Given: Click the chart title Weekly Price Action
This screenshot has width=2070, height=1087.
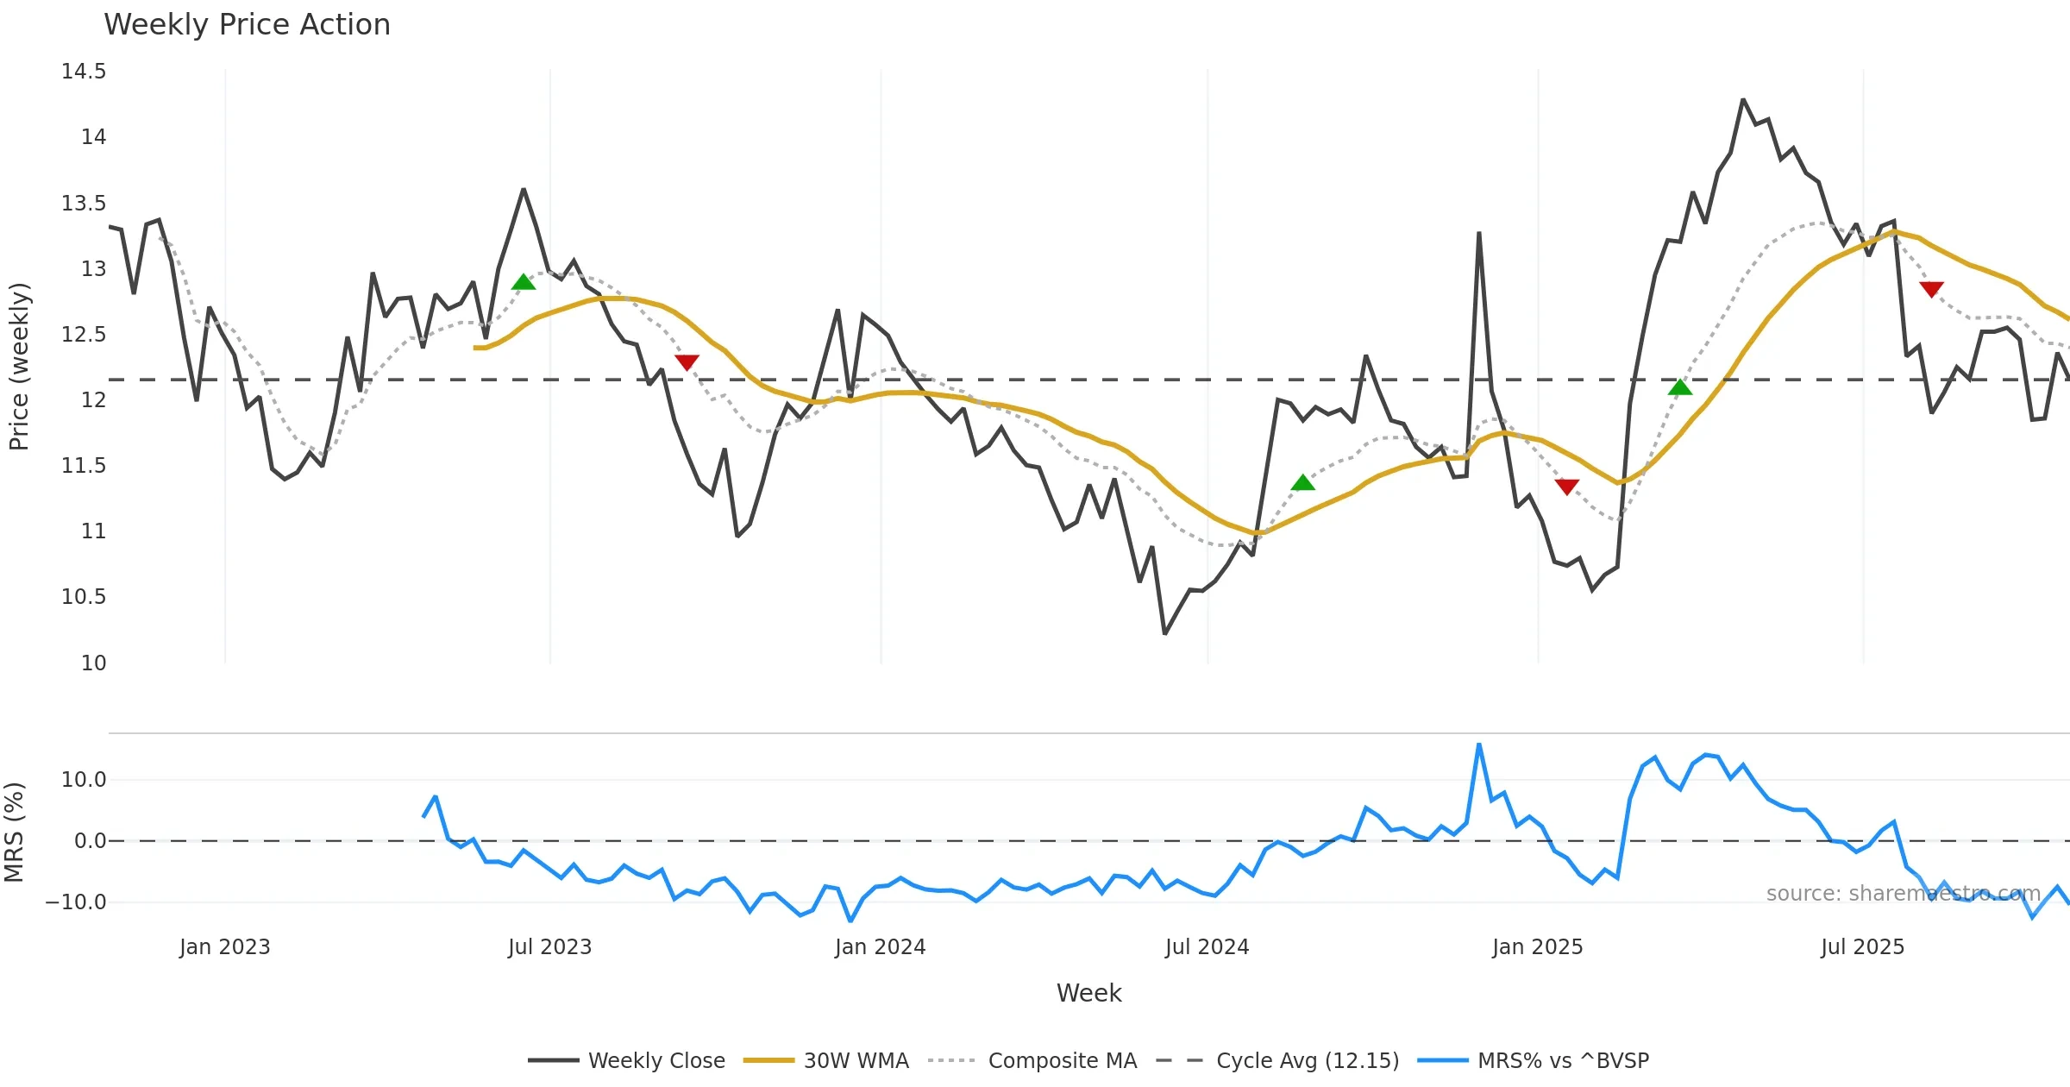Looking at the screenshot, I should click(x=247, y=25).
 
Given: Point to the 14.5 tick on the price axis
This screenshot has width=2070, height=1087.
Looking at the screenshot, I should click(x=84, y=72).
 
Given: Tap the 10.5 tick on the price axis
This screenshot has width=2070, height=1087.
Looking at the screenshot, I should click(x=84, y=597).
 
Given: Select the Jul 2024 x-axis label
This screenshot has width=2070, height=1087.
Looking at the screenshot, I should click(x=1207, y=947).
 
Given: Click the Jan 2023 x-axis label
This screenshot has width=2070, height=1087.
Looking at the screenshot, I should click(x=225, y=947).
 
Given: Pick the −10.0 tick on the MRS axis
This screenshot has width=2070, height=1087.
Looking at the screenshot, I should click(x=76, y=902).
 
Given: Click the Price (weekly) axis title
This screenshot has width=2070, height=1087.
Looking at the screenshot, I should click(x=19, y=367).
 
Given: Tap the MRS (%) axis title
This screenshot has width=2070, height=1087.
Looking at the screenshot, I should click(x=14, y=833).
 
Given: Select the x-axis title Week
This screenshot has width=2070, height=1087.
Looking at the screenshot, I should click(x=1088, y=994).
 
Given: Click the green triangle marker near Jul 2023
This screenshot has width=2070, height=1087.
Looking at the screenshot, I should click(x=524, y=282).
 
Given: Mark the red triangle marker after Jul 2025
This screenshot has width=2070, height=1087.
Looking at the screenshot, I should click(x=1931, y=289).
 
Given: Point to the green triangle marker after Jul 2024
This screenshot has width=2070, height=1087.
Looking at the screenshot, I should click(x=1303, y=482).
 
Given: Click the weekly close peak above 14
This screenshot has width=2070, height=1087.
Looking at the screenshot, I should click(x=1743, y=100).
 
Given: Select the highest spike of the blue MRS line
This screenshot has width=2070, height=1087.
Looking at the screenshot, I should click(x=1479, y=744).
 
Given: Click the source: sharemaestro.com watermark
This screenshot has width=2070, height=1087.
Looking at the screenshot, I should click(x=1903, y=894).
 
